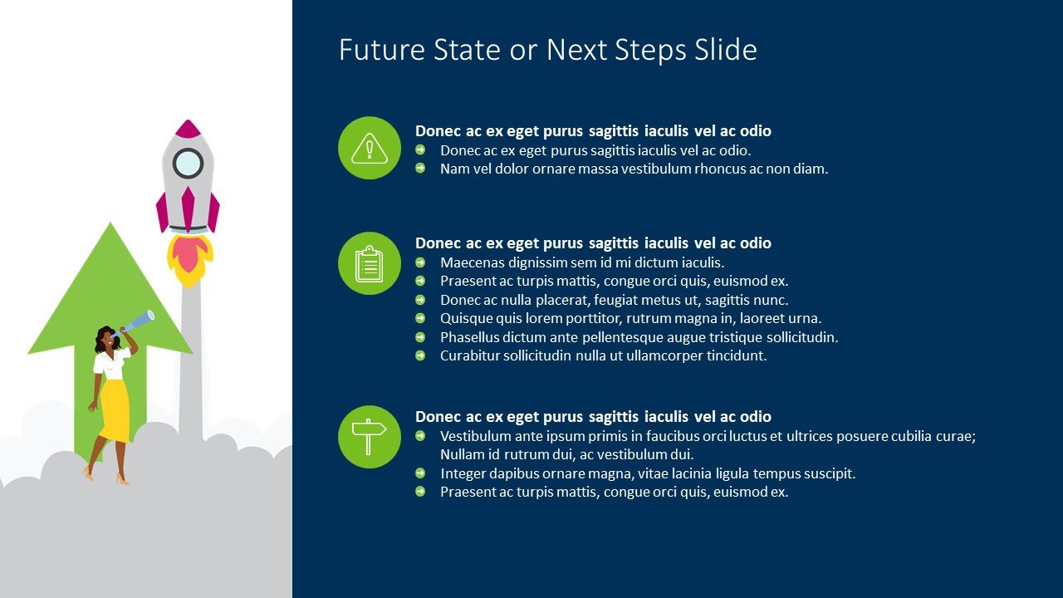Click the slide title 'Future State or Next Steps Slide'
tap(547, 50)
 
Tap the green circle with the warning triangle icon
tap(370, 148)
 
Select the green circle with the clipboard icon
tap(370, 263)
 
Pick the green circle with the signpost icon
tap(370, 437)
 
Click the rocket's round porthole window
tap(189, 163)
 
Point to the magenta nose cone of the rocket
tap(189, 129)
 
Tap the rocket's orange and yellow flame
tap(189, 257)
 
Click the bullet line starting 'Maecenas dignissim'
tap(582, 262)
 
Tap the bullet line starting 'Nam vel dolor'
tap(634, 169)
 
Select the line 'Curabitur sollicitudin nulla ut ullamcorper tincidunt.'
tap(603, 355)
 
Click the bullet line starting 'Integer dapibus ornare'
tap(647, 473)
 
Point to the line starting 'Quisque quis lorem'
tap(630, 318)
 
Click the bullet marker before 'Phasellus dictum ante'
tap(420, 337)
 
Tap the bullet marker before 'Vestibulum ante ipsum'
tap(420, 436)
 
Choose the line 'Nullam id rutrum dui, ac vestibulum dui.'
tap(566, 454)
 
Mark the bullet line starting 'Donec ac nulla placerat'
tap(614, 300)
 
